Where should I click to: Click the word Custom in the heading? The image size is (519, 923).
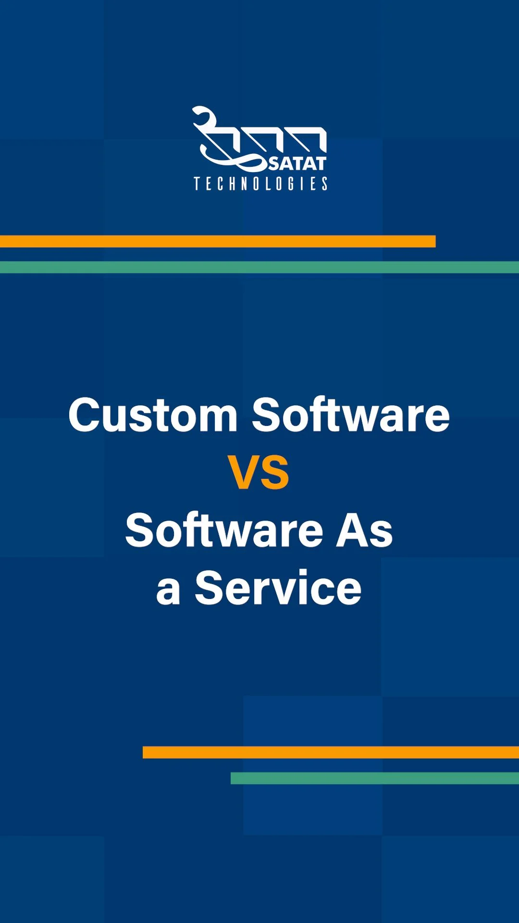[153, 415]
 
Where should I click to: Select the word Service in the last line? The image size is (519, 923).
[278, 588]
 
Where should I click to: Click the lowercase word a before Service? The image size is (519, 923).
[168, 592]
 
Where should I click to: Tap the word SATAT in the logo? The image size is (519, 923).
[297, 163]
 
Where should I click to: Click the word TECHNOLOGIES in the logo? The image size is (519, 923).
[260, 184]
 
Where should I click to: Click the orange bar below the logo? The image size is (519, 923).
[218, 241]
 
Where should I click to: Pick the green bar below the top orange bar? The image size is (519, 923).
[259, 267]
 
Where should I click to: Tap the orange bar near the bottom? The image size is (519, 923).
[331, 752]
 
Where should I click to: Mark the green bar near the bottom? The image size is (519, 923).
[375, 778]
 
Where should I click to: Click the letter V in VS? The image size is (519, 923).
[244, 473]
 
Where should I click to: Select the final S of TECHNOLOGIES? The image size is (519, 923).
[324, 184]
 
